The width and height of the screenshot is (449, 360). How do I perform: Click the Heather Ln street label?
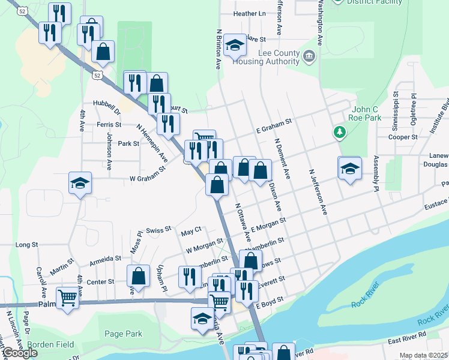point(249,13)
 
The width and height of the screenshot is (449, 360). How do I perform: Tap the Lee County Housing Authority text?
point(279,58)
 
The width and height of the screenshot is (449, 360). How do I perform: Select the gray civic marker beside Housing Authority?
point(309,57)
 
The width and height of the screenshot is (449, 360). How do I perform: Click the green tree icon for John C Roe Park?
point(340,131)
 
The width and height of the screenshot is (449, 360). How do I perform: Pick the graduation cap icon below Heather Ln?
point(235,45)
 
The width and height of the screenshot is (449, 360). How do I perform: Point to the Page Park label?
point(122,334)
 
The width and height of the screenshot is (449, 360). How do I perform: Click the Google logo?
point(19,353)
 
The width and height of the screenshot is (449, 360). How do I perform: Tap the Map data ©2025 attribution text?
point(424,355)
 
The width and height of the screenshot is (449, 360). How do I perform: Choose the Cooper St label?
point(403,137)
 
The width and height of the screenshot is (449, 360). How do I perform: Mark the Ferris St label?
point(109,125)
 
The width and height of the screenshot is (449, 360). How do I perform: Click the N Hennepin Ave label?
point(151,142)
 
